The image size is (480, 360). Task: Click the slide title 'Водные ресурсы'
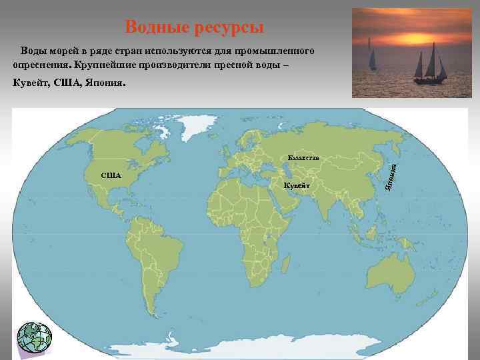tap(195, 27)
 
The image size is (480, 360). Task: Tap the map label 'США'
tap(111, 176)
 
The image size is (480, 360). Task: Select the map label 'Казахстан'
tap(303, 157)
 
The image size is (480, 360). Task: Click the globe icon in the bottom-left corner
tap(33, 337)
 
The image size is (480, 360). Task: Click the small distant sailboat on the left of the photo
tap(371, 56)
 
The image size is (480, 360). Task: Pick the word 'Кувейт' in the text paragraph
tap(31, 84)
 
